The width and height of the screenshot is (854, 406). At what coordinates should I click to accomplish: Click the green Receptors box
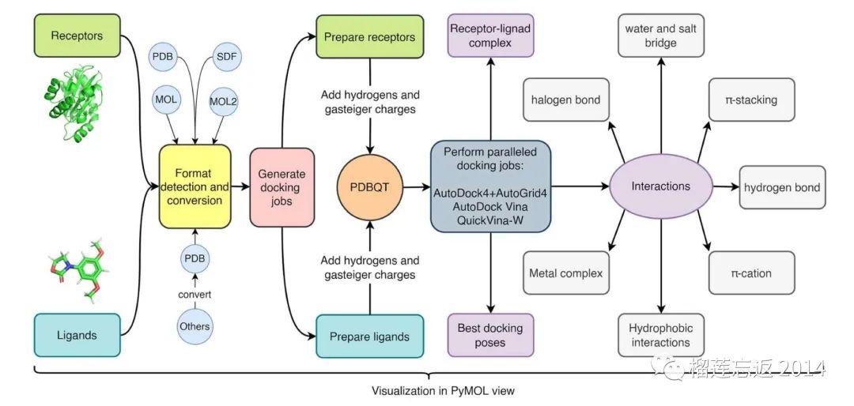(77, 36)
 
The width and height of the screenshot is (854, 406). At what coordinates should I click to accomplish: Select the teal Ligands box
(77, 335)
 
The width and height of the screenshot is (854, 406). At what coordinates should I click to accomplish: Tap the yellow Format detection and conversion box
(195, 186)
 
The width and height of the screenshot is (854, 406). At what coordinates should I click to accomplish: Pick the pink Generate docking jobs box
(282, 188)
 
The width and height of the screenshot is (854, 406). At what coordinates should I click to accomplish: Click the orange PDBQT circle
(370, 188)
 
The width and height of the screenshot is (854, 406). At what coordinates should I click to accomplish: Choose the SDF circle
(226, 57)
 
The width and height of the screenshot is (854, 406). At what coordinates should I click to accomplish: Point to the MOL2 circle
(223, 101)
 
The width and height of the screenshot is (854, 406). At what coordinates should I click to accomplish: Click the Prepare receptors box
(370, 37)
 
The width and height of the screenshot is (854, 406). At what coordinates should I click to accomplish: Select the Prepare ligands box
(370, 336)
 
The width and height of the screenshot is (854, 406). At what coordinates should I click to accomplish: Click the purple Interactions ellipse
(660, 186)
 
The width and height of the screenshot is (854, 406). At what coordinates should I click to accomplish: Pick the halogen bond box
(566, 100)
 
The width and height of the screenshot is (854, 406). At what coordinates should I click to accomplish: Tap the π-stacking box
(752, 100)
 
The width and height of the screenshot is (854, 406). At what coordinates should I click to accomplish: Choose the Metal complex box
(566, 273)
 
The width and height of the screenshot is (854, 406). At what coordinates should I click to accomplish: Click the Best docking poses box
(489, 335)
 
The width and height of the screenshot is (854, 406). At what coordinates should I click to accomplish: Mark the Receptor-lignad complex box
(489, 36)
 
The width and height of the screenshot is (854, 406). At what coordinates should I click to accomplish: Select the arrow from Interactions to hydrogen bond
(726, 186)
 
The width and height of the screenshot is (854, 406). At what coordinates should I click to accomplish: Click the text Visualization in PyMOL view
(443, 390)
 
